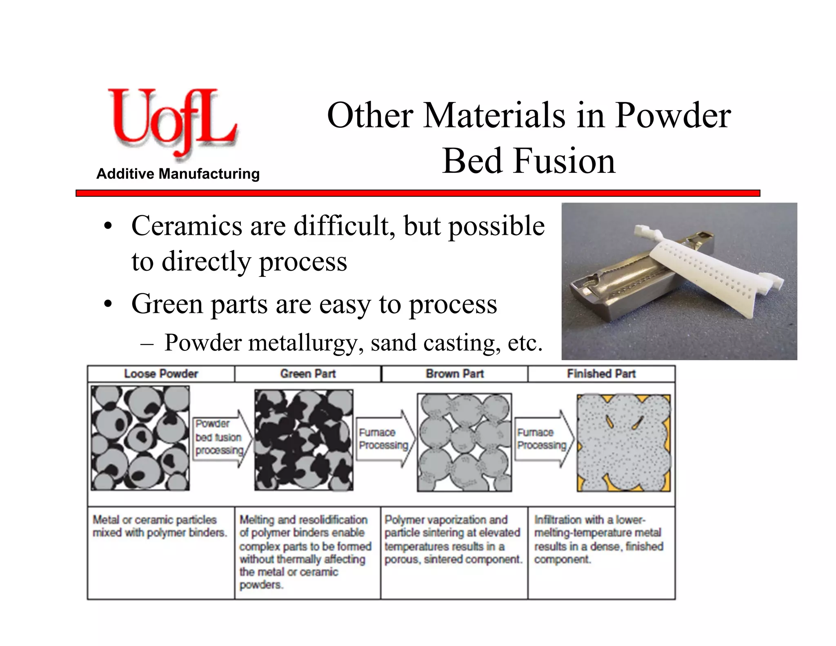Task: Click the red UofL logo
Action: (171, 123)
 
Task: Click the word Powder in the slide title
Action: (673, 116)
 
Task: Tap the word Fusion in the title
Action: (564, 161)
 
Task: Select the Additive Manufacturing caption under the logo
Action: (178, 174)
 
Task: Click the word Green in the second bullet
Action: (167, 304)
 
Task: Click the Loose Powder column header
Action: (161, 374)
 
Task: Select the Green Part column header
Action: (308, 374)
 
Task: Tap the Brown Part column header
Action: (454, 374)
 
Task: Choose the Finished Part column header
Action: (601, 374)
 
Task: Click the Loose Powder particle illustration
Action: (140, 438)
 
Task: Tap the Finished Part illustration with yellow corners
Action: (623, 443)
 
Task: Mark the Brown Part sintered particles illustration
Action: (464, 443)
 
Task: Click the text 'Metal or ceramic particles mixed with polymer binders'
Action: (160, 526)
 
